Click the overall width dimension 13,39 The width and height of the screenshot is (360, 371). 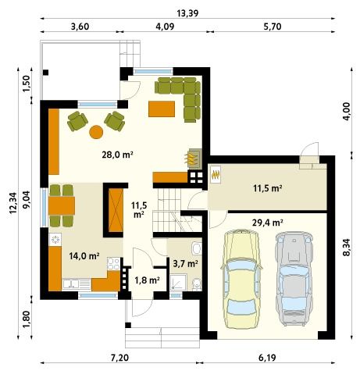click(187, 12)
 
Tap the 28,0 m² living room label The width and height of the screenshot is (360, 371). click(118, 155)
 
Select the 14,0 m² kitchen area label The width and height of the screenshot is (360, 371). click(84, 256)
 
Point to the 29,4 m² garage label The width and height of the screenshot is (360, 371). click(268, 223)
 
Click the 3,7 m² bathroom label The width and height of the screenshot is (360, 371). click(185, 264)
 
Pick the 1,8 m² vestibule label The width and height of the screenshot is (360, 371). click(147, 280)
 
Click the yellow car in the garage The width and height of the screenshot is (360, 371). click(241, 279)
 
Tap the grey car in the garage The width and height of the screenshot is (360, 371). click(294, 279)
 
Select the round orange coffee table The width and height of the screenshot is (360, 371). click(96, 132)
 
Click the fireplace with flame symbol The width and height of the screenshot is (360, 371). click(194, 159)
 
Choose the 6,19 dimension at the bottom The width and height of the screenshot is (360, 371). click(267, 358)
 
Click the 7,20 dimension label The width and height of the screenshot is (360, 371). click(119, 358)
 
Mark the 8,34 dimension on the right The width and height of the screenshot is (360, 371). click(347, 248)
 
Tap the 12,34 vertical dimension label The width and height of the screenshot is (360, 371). click(13, 203)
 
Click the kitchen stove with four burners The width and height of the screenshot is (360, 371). click(113, 264)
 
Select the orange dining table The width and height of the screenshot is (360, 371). click(62, 205)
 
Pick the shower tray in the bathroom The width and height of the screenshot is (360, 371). click(178, 283)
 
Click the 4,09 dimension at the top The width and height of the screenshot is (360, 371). click(165, 27)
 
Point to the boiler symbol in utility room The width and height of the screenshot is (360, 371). click(216, 174)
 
